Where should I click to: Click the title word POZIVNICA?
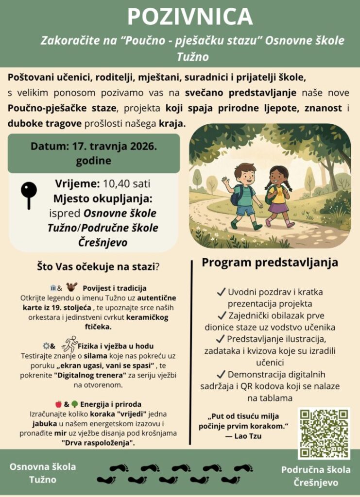pos(190,17)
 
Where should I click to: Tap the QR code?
pos(324,433)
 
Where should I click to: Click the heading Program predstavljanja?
pos(270,263)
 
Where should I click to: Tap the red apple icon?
pos(58,404)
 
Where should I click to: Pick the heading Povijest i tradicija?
pos(114,288)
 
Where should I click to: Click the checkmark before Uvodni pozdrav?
pos(221,292)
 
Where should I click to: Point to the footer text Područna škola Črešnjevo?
pos(316,476)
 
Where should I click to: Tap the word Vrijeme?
pos(77,184)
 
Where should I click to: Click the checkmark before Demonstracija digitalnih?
pos(221,375)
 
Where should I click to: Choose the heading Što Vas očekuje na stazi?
pos(99,266)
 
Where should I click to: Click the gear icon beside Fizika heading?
pos(46,346)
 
